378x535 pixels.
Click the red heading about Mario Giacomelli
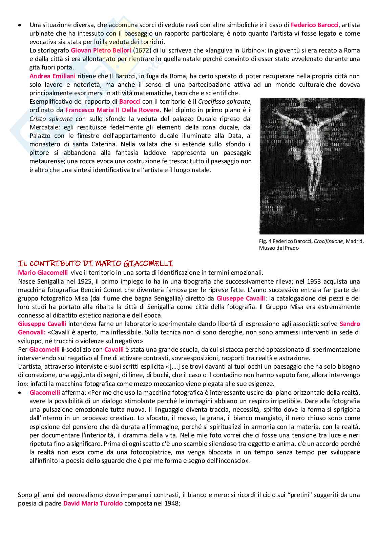coord(96,263)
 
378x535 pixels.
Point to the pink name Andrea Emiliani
coord(52,76)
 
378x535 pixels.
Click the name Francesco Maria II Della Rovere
coord(112,110)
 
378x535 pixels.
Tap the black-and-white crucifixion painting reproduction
coord(312,166)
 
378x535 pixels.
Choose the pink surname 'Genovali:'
coord(32,332)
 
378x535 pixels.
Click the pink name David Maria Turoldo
coord(93,503)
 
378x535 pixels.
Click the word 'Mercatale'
coord(44,127)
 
